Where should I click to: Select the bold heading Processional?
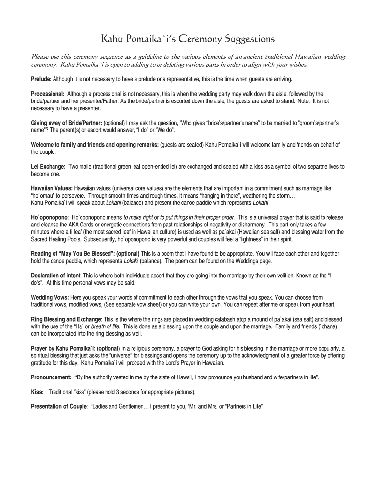click(48, 94)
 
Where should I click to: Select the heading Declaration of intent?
click(56, 276)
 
